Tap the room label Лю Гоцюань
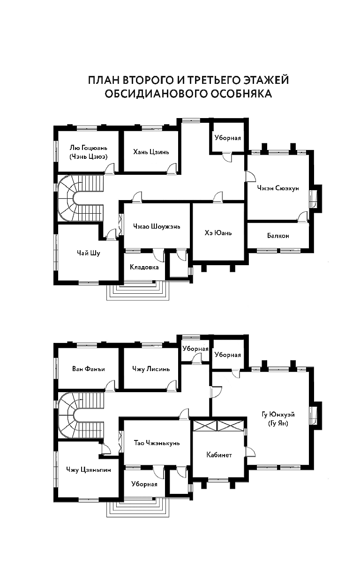point(88,148)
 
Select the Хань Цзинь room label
point(151,152)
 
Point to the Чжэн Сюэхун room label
point(278,188)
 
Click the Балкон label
point(278,236)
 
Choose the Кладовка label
point(144,267)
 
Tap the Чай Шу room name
point(88,253)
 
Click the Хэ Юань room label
point(218,233)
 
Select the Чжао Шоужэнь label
point(157,226)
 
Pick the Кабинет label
point(219,454)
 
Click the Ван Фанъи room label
point(89,369)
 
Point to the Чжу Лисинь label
point(151,369)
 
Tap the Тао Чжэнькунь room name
point(157,443)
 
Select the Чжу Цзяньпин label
point(88,470)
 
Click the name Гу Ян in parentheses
point(278,424)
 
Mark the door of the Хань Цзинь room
point(172,168)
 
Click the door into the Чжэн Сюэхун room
point(250,176)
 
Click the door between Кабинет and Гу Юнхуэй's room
point(251,452)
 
